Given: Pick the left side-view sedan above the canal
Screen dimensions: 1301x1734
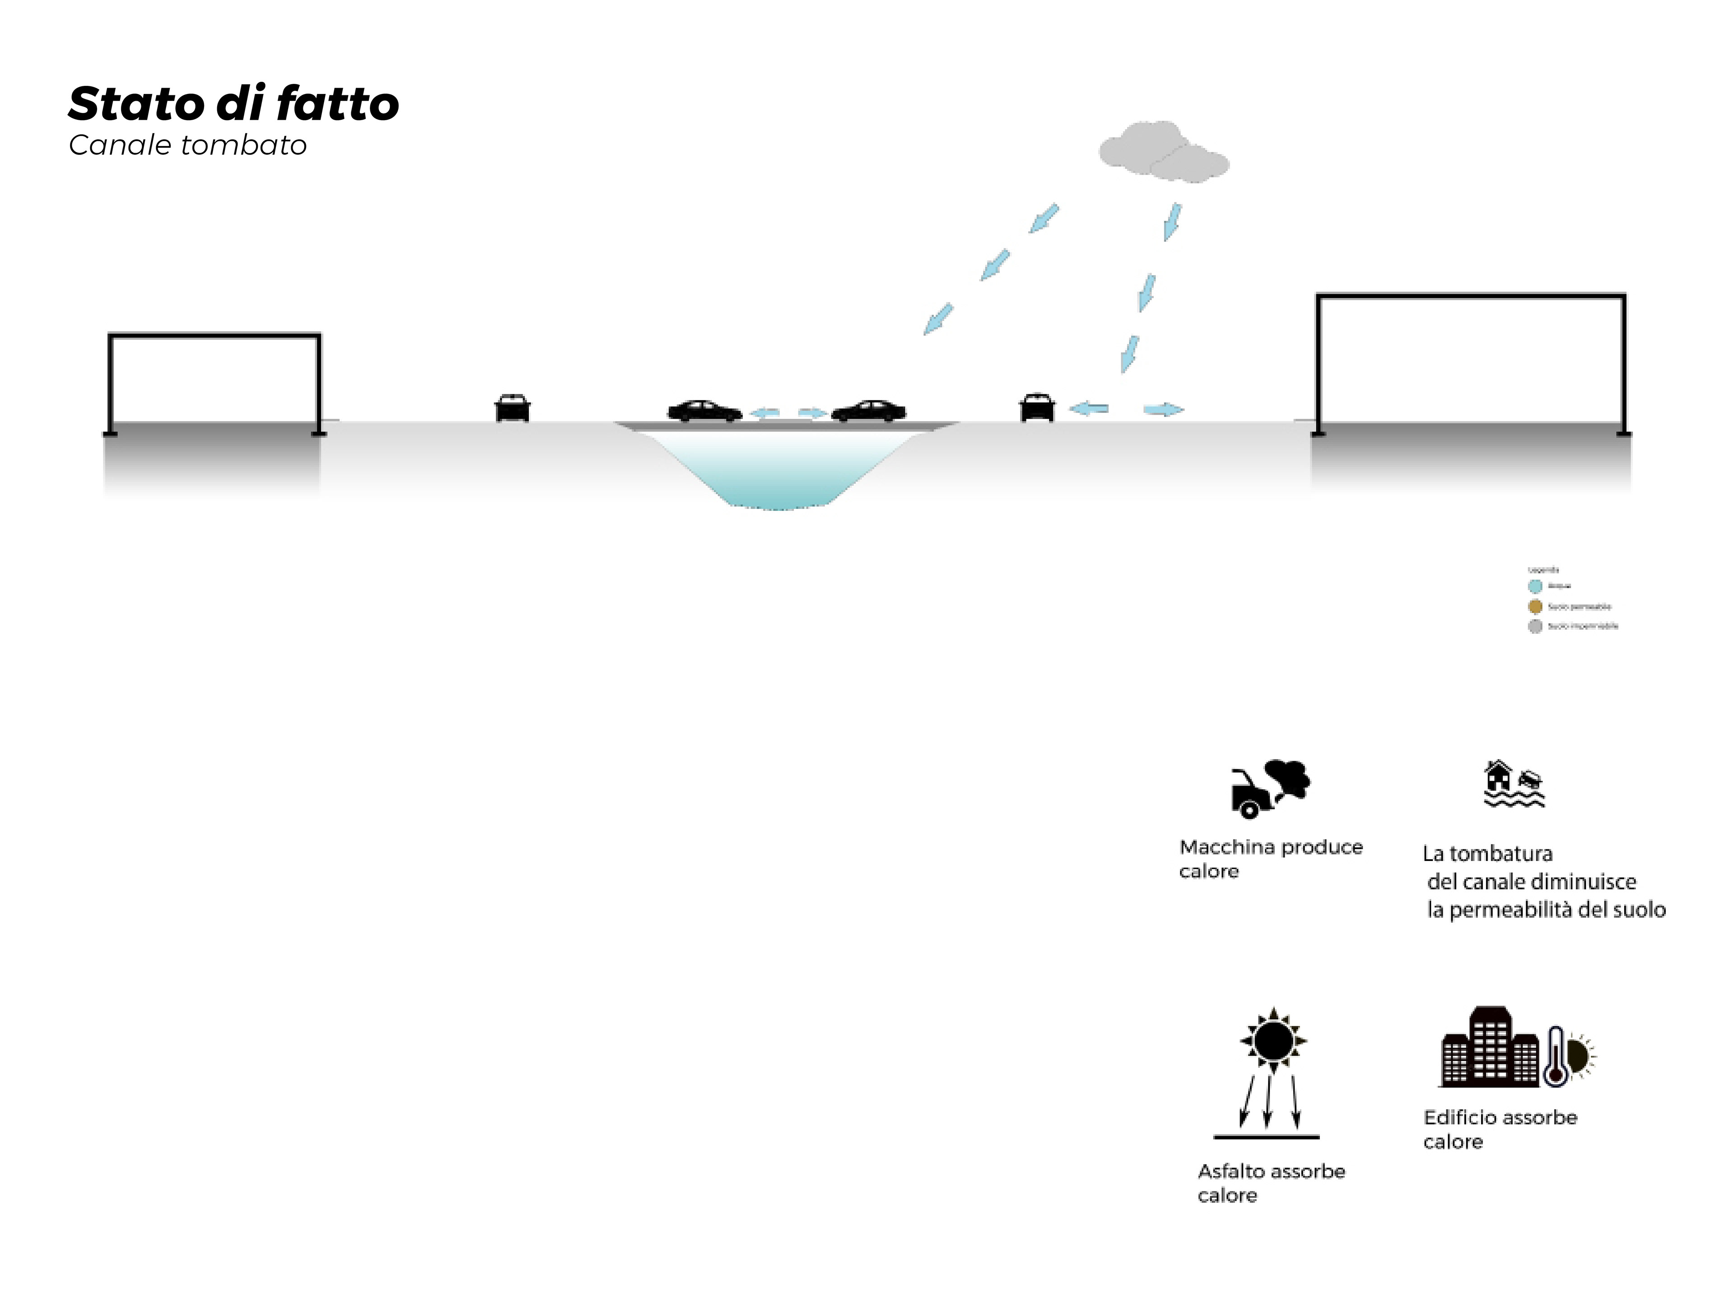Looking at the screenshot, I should point(704,411).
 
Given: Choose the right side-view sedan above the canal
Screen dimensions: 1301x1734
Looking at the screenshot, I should point(868,411).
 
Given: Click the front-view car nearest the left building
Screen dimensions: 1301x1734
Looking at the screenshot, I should point(513,408).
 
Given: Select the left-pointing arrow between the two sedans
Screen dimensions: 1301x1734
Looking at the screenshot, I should point(765,412).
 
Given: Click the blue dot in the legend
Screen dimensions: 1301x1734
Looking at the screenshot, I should point(1535,586).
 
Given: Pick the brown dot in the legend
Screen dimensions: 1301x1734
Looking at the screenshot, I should point(1535,606).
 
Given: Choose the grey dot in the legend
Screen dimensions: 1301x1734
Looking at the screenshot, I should point(1535,626).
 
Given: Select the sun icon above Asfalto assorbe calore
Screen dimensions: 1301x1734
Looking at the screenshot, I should point(1273,1041).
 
